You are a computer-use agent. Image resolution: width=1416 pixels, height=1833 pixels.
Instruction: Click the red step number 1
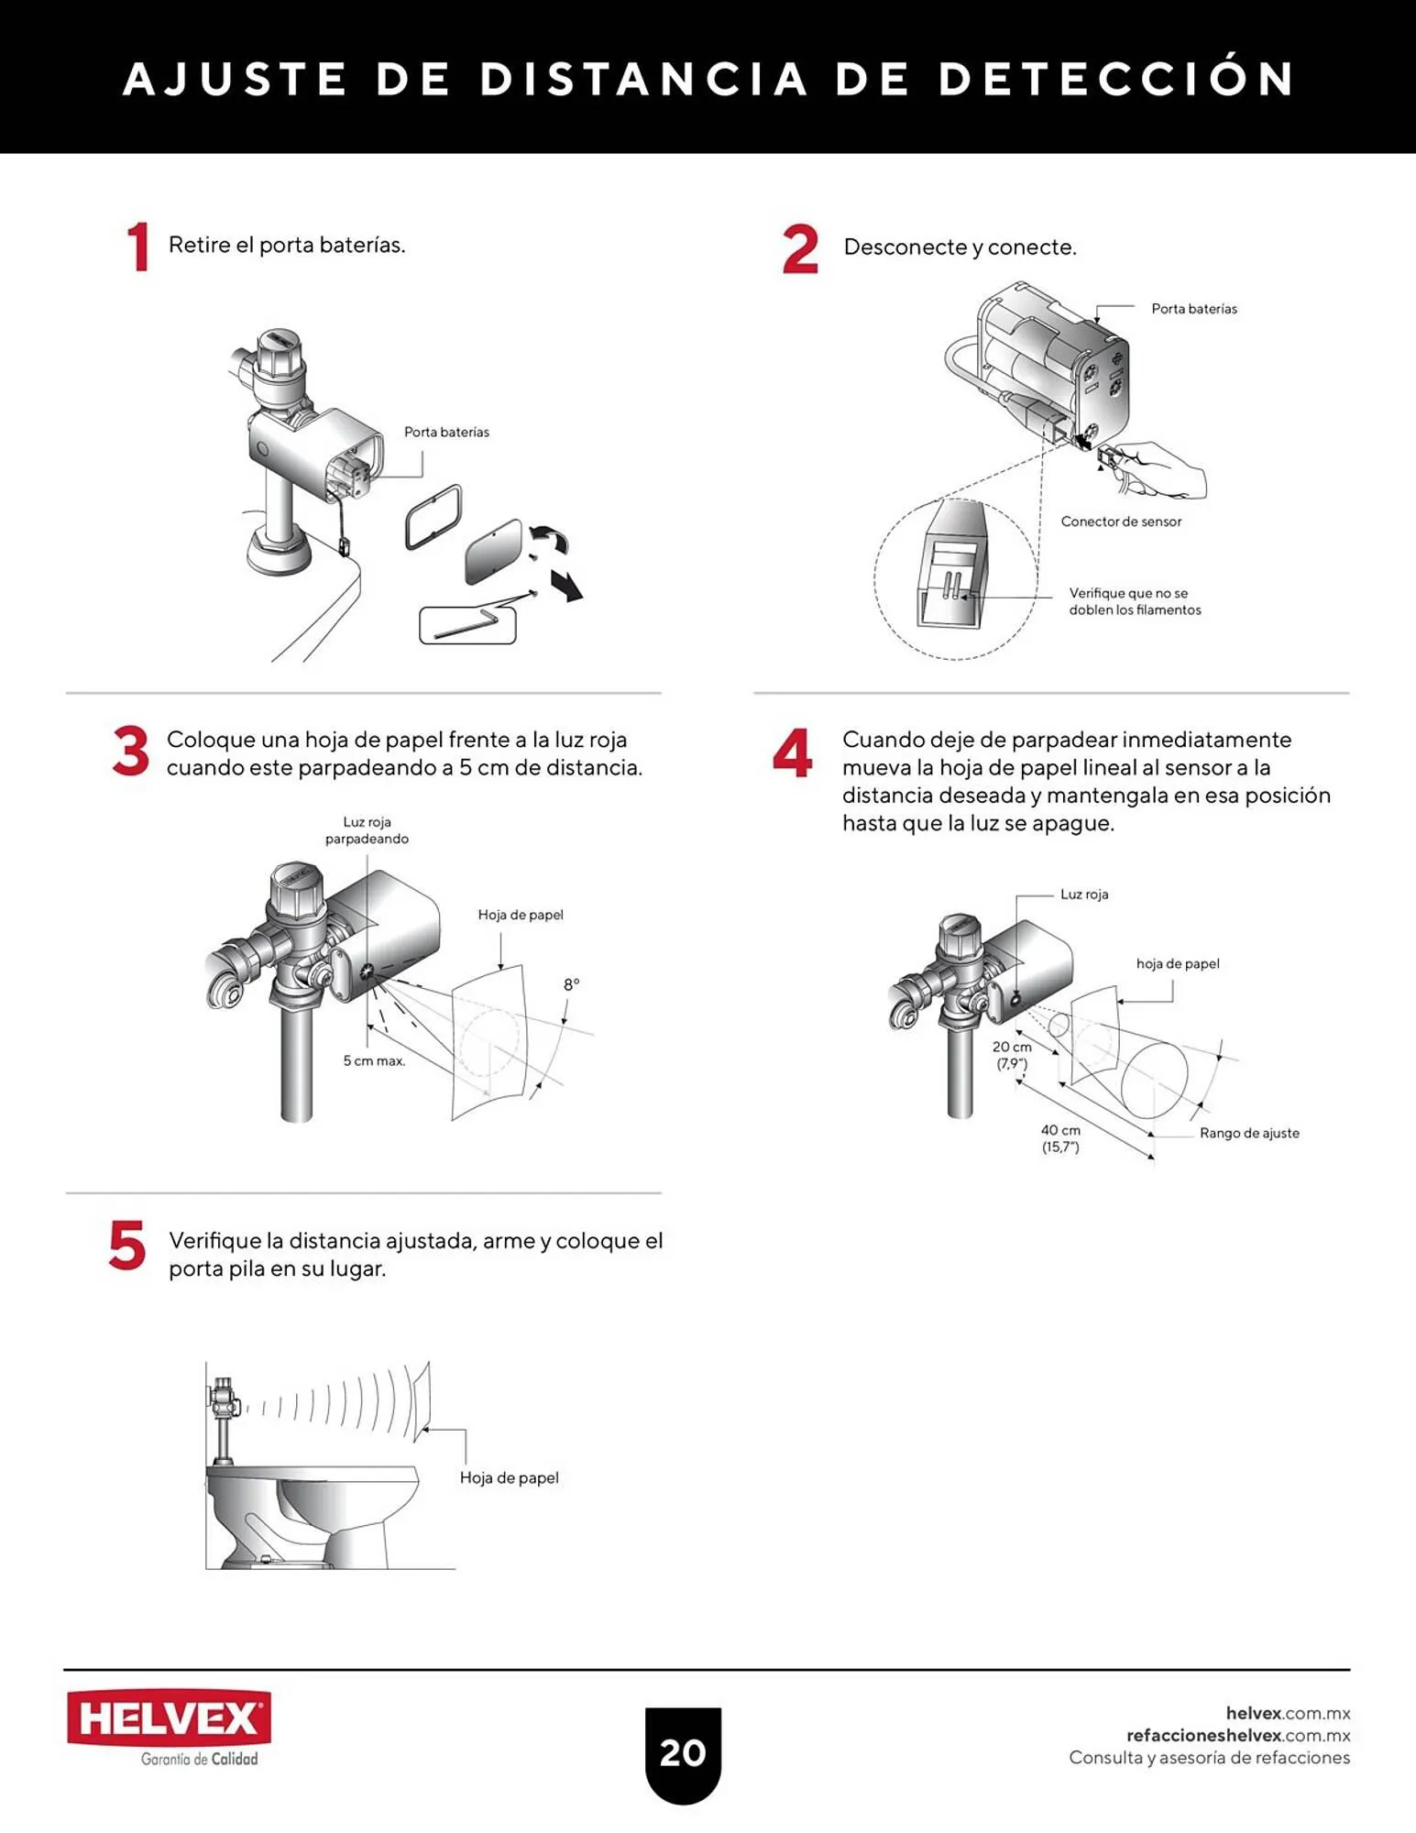[x=138, y=247]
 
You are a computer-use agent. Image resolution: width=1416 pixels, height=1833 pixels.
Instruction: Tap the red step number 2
[x=800, y=249]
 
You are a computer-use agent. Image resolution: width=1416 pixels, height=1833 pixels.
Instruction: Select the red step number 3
[x=130, y=751]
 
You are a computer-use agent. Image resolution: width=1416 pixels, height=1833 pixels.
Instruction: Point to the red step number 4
[x=792, y=753]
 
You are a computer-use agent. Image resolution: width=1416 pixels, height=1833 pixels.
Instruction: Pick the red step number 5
[x=127, y=1246]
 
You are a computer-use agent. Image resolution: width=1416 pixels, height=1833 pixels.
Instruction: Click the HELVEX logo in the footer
[x=169, y=1729]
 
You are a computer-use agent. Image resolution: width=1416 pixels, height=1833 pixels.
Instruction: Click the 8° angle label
[x=571, y=984]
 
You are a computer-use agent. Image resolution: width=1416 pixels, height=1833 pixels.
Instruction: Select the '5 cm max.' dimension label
[x=374, y=1060]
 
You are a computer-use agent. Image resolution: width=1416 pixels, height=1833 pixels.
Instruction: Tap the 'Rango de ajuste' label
[x=1249, y=1133]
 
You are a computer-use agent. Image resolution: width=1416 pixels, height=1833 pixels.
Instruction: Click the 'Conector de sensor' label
[x=1121, y=521]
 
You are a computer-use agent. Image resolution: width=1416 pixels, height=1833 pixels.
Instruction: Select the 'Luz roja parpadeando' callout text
[x=367, y=830]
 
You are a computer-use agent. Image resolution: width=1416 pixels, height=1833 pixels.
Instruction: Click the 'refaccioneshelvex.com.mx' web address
[x=1238, y=1735]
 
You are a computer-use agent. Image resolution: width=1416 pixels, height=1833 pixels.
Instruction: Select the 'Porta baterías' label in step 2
[x=1194, y=309]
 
